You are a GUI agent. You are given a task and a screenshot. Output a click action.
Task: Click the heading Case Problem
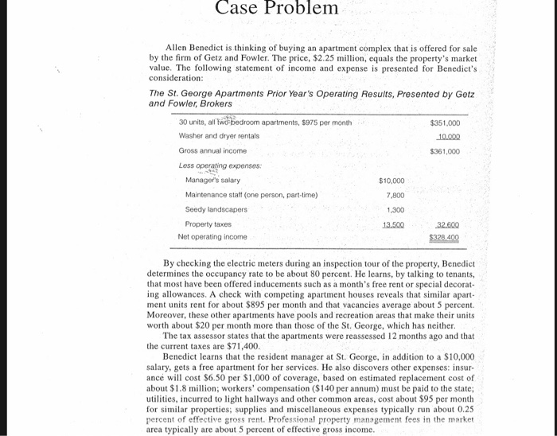277,9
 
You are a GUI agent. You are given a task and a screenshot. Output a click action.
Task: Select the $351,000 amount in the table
445,123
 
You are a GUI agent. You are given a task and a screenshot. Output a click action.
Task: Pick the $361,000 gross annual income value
445,150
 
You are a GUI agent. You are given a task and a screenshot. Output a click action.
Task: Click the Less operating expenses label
212,165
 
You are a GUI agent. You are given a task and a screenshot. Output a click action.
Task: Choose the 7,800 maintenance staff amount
395,195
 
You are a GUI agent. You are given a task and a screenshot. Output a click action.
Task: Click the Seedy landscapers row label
216,209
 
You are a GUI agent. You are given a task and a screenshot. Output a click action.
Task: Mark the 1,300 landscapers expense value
395,209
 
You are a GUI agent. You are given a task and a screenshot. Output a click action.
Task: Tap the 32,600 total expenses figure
446,224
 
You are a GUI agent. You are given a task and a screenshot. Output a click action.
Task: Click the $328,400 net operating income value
445,237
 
